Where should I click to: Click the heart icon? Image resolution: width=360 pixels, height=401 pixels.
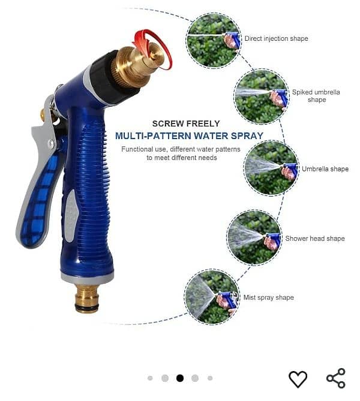point(298,379)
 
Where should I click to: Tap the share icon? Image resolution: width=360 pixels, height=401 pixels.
point(336,378)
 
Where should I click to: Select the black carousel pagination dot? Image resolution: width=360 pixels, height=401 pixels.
point(180,378)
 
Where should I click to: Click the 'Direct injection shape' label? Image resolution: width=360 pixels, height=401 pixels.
point(276,38)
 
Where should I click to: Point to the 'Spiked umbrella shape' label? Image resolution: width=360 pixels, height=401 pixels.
point(316,96)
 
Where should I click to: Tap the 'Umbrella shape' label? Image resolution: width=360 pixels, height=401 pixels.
point(325,169)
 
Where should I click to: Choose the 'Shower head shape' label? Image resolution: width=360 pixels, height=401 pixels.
point(315,239)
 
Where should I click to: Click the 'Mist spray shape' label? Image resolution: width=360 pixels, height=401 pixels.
point(269,297)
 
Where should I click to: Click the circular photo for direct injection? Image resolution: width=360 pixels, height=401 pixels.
point(214,40)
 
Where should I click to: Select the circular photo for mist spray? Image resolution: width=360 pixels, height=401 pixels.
point(212,297)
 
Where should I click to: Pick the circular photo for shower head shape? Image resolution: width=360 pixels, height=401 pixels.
point(254,237)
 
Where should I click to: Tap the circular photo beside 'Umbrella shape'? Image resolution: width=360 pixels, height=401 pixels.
point(271,168)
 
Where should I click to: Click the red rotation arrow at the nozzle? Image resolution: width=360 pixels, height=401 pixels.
point(152,49)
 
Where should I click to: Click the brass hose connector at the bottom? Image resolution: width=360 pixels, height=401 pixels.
point(87,298)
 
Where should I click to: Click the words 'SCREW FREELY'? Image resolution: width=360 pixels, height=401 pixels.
point(186,123)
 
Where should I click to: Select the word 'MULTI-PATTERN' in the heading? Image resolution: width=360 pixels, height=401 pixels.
point(152,135)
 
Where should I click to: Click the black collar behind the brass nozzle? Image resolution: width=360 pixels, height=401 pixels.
point(113,77)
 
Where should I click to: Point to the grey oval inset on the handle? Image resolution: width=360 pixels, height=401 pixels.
point(71,215)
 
